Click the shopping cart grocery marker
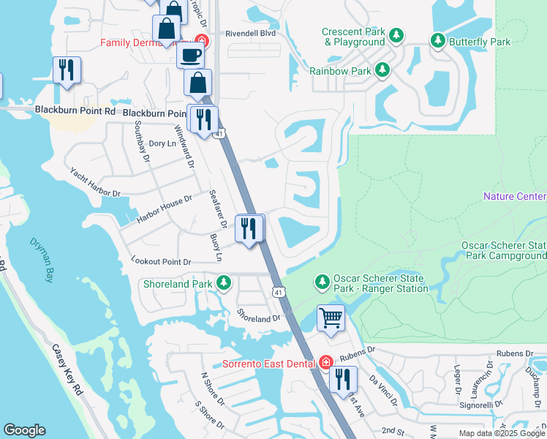(x=331, y=319)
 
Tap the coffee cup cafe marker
(x=190, y=54)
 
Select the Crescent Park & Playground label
(x=354, y=37)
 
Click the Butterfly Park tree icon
(x=438, y=41)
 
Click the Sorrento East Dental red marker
(x=326, y=363)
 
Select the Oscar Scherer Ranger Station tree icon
(x=321, y=282)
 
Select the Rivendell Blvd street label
(x=249, y=33)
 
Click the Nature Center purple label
(x=514, y=197)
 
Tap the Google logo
(x=24, y=430)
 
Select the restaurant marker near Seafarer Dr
(x=249, y=229)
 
